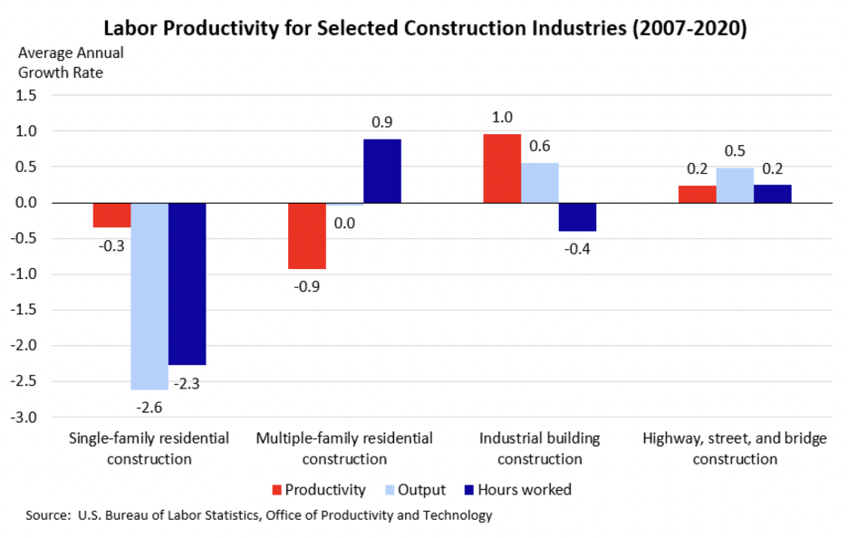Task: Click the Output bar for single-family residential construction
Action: pyautogui.click(x=149, y=295)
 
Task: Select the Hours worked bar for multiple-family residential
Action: pyautogui.click(x=382, y=170)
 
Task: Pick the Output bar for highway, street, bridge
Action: pyautogui.click(x=735, y=185)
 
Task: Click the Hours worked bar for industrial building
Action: pyautogui.click(x=577, y=217)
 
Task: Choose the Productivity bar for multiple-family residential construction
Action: pyautogui.click(x=307, y=235)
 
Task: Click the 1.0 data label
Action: pyautogui.click(x=502, y=117)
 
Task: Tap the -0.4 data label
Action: pyautogui.click(x=578, y=248)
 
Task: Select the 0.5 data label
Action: pyautogui.click(x=735, y=150)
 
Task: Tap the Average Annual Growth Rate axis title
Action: pyautogui.click(x=71, y=62)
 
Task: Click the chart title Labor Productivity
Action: pyautogui.click(x=424, y=28)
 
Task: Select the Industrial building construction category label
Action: pyautogui.click(x=539, y=448)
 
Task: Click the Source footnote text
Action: pyautogui.click(x=259, y=515)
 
